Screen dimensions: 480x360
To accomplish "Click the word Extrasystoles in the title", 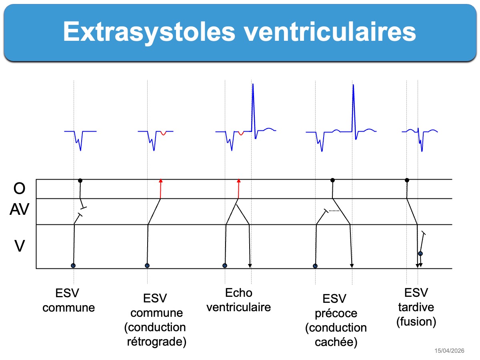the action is pos(149,32).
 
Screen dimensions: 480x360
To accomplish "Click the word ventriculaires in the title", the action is pos(330,32).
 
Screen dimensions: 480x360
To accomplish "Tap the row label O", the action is pos(19,188).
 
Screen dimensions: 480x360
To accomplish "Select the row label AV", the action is pos(19,209).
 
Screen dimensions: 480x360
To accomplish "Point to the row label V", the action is pos(20,246).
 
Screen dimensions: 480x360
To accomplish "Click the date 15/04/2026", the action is pos(449,351).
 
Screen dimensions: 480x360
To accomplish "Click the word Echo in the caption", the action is pos(238,293).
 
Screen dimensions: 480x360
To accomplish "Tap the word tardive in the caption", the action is pos(416,307).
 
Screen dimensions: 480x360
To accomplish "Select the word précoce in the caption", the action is pos(336,314).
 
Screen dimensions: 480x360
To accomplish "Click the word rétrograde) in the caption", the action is pos(156,342).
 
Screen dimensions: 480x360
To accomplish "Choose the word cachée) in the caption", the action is pos(336,342).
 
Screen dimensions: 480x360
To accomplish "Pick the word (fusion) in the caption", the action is pos(416,322).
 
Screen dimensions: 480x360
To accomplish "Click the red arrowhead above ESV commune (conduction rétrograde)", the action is pos(161,180).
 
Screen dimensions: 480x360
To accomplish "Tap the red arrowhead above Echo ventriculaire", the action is pos(238,180).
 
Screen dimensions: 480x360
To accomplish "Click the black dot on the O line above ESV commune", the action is pos(80,180).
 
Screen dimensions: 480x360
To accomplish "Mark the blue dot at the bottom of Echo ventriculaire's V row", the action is pos(225,266).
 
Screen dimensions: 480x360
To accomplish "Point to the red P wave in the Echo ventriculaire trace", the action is pos(241,133).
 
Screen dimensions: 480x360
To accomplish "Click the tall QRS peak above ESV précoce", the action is pos(353,85).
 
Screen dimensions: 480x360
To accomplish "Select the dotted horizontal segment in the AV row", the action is pos(334,211).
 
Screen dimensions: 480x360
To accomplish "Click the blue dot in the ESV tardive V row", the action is pos(420,254).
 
